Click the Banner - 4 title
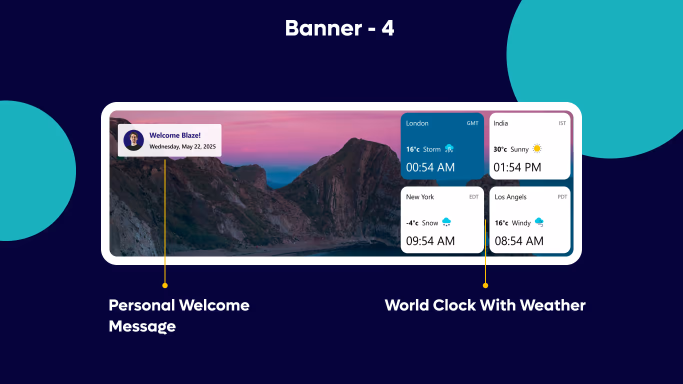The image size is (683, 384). click(339, 28)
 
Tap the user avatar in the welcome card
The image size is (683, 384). click(133, 140)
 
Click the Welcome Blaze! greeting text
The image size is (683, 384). click(175, 135)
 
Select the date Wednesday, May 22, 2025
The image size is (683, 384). click(182, 147)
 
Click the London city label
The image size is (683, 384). click(417, 123)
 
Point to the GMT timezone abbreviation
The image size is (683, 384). click(472, 123)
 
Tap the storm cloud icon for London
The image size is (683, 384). click(449, 148)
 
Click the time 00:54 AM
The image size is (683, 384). click(430, 167)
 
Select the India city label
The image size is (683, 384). click(500, 123)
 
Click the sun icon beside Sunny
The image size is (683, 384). click(537, 148)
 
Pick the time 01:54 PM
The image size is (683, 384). click(517, 167)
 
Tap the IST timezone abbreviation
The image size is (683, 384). click(562, 123)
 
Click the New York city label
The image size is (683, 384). click(420, 197)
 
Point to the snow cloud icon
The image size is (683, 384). click(446, 222)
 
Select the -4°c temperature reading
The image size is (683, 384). click(412, 223)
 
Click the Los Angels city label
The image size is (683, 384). click(510, 197)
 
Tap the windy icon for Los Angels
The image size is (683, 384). click(539, 222)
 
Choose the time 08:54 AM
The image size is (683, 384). click(519, 241)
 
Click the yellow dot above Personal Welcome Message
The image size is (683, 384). click(165, 285)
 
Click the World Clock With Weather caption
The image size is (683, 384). click(485, 305)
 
